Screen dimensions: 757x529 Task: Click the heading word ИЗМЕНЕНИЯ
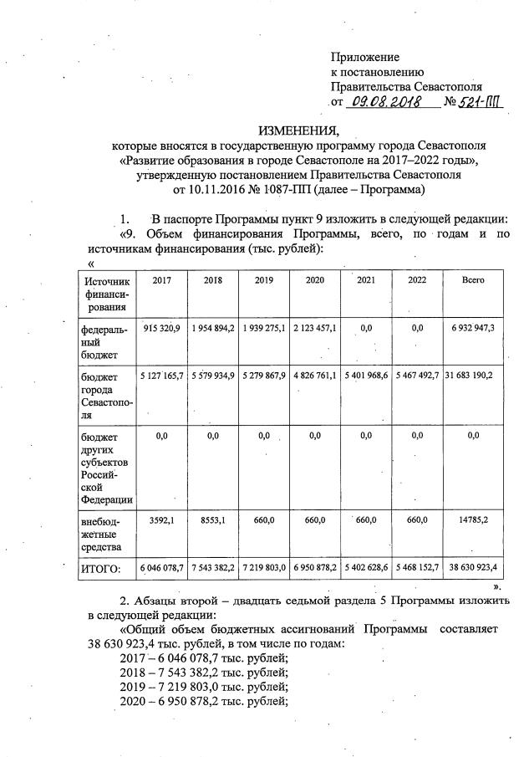click(298, 130)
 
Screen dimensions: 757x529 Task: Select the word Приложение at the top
click(365, 57)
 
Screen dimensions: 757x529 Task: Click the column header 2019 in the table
click(264, 280)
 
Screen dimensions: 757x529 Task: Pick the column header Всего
click(473, 280)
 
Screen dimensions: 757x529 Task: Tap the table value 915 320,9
click(162, 328)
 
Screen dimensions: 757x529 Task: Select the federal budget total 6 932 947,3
click(473, 328)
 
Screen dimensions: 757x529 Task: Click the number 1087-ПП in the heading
click(323, 190)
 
